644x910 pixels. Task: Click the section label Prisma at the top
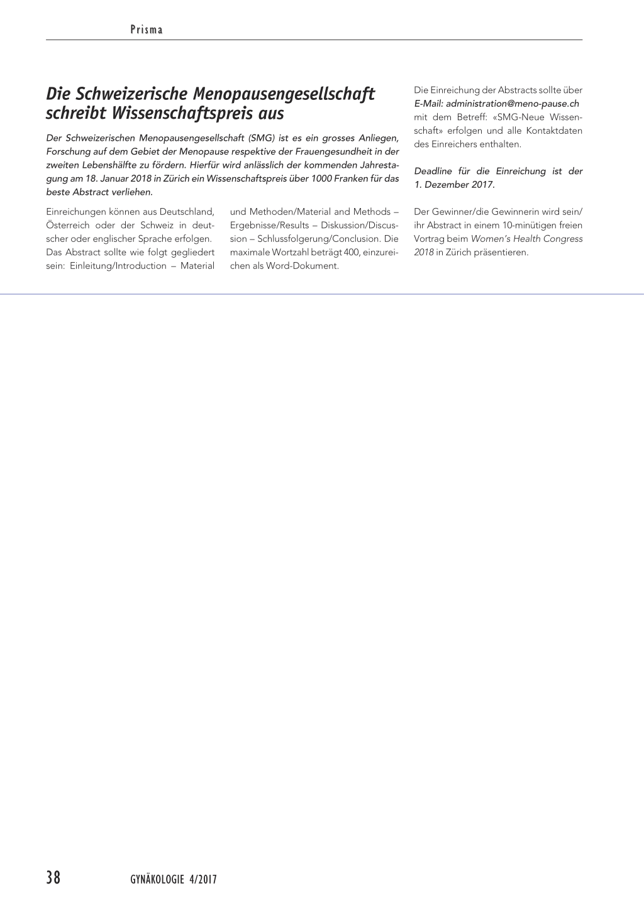tap(146, 30)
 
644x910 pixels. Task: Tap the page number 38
tap(53, 878)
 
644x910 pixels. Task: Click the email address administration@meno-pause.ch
tap(512, 104)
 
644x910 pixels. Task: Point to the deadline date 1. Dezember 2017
tap(455, 185)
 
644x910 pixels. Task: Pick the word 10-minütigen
tap(522, 226)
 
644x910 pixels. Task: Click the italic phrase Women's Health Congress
tap(526, 239)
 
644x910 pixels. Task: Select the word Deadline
tap(433, 172)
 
